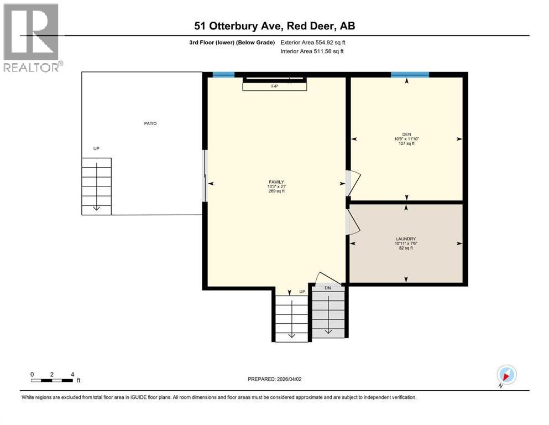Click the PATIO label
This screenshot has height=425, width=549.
pos(150,123)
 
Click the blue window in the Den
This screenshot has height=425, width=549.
pos(410,75)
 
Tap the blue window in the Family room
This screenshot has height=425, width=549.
pos(223,75)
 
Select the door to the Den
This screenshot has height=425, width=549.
pos(352,183)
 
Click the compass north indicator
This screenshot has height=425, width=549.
pos(506,375)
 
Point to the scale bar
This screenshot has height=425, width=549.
pos(52,380)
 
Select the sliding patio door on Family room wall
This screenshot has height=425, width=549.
pos(205,175)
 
